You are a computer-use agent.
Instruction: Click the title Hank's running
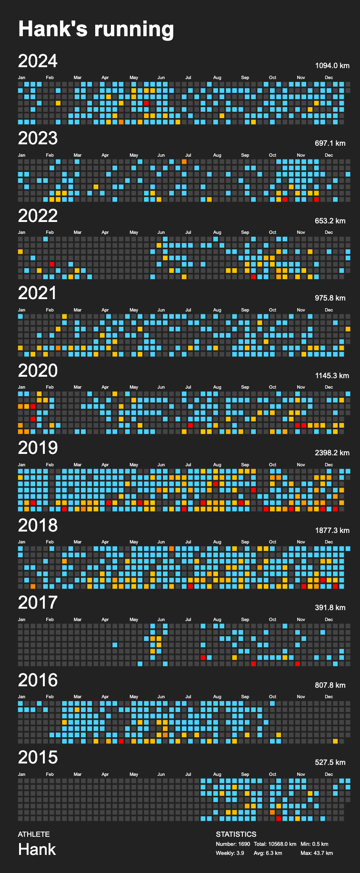coord(96,29)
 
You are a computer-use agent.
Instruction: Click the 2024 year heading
coord(38,61)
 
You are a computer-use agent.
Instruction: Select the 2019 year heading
coord(38,448)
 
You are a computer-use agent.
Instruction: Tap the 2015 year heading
coord(38,757)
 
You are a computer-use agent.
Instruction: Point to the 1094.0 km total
coord(332,66)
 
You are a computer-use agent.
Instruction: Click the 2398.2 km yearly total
coord(332,452)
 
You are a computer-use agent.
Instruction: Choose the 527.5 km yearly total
coord(330,762)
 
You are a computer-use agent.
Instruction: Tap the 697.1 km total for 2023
coord(330,143)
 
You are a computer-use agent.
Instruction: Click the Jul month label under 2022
coord(189,232)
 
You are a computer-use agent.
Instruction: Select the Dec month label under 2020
coord(329,387)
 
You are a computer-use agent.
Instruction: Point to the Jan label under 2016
coord(22,697)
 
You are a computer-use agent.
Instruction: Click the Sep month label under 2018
coord(245,542)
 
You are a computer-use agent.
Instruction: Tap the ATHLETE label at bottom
coord(34,834)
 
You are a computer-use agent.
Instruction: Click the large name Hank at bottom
coord(37,849)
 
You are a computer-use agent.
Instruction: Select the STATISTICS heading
coord(236,834)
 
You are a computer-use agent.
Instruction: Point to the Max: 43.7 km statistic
coord(317,853)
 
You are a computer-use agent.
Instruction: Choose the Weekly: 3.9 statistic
coord(230,853)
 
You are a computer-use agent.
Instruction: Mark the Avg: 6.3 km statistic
coord(268,853)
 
